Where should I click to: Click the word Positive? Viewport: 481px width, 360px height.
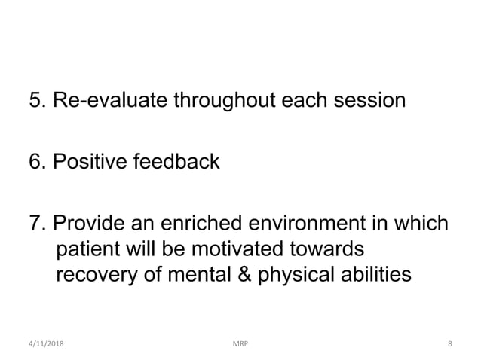click(90, 161)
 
